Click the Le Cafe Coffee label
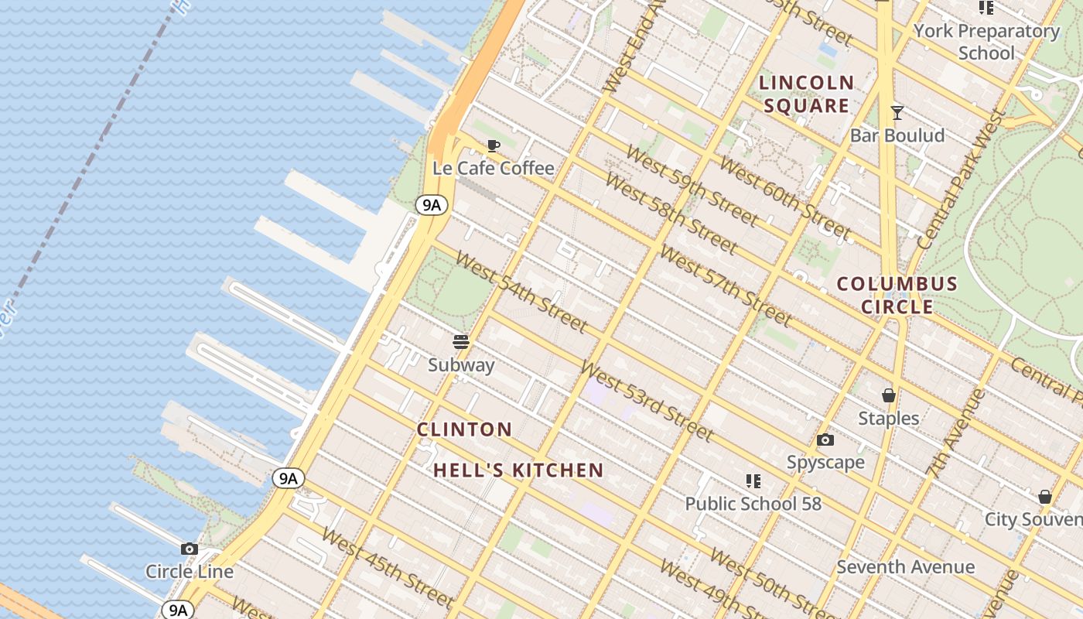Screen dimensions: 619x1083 (494, 168)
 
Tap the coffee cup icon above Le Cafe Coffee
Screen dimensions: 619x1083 (493, 145)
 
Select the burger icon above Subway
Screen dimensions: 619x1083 (461, 342)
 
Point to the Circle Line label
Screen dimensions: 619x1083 (190, 572)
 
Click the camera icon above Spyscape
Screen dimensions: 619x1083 (825, 440)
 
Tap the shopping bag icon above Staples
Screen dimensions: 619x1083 (888, 395)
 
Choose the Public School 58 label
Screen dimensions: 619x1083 (753, 504)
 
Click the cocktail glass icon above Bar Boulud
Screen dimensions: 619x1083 (897, 113)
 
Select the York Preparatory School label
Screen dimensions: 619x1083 (986, 42)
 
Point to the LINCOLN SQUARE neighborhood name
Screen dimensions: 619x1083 (807, 94)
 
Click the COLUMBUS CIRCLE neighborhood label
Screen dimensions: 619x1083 (897, 295)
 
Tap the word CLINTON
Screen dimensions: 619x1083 (464, 429)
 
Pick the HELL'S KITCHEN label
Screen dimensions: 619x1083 (518, 470)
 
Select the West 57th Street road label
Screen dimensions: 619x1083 (725, 286)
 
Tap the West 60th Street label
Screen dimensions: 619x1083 (784, 198)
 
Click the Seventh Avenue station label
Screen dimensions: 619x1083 (905, 567)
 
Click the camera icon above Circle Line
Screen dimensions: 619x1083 (189, 549)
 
